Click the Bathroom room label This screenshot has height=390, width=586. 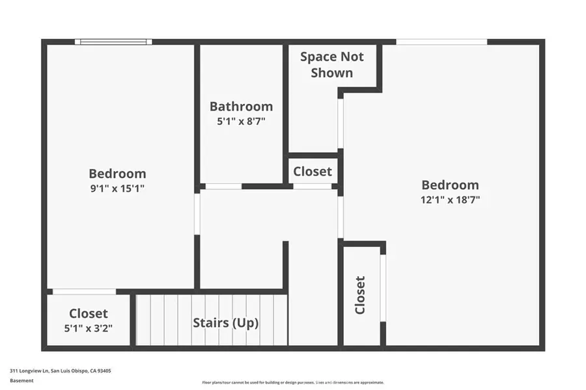pyautogui.click(x=241, y=107)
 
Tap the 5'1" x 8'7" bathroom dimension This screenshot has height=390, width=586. pyautogui.click(x=241, y=121)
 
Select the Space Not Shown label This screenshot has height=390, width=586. pyautogui.click(x=331, y=64)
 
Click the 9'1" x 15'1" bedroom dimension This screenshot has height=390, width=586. pyautogui.click(x=117, y=188)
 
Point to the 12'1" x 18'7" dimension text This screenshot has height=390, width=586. pyautogui.click(x=450, y=200)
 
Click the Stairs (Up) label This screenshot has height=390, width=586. pyautogui.click(x=226, y=323)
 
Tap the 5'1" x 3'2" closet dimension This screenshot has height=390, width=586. pyautogui.click(x=89, y=328)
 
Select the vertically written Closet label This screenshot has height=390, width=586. pyautogui.click(x=360, y=295)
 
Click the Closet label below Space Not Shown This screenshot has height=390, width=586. pyautogui.click(x=313, y=172)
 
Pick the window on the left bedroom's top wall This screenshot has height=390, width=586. pyautogui.click(x=113, y=42)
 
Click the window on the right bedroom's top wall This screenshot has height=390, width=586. pyautogui.click(x=441, y=42)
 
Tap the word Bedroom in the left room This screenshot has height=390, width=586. pyautogui.click(x=117, y=174)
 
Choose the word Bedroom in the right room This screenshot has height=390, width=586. pyautogui.click(x=450, y=185)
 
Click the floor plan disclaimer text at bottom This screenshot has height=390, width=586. pyautogui.click(x=293, y=382)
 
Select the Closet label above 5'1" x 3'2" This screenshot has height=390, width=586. pyautogui.click(x=89, y=314)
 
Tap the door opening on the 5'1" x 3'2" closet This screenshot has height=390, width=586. pyautogui.click(x=84, y=291)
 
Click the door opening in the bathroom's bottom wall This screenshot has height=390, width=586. pyautogui.click(x=223, y=187)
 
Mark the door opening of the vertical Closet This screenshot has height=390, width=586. pyautogui.click(x=383, y=287)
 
